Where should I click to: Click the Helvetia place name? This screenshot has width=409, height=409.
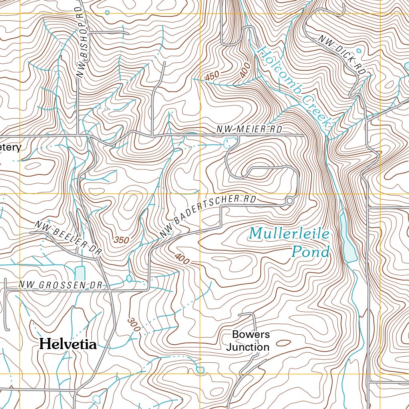coord(68,344)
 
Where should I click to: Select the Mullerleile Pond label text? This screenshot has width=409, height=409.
coord(290,242)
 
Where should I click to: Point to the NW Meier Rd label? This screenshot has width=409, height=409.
coord(249,129)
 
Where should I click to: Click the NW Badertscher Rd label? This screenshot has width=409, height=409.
coord(207,215)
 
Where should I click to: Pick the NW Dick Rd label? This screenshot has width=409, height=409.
coord(342,55)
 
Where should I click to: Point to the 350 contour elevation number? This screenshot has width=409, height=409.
coord(121,240)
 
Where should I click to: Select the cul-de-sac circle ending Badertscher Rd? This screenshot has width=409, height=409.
coord(289,201)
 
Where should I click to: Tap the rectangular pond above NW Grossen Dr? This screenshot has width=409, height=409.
coord(80,273)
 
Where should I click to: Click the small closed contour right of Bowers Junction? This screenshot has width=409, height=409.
coord(284,343)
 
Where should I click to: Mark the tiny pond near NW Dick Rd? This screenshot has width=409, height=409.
coord(358,51)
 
